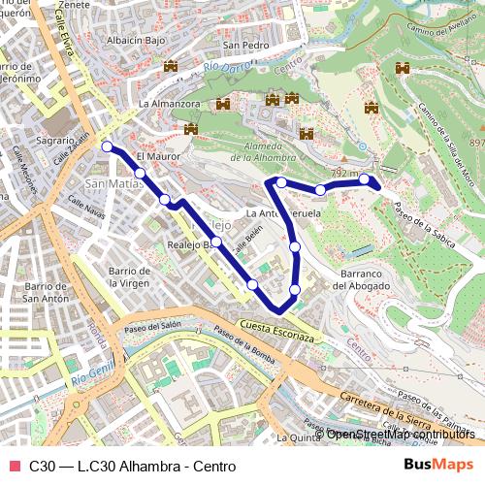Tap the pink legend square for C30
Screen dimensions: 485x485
(15, 466)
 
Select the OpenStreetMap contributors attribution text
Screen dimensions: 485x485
(402, 434)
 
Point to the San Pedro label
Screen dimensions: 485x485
(245, 46)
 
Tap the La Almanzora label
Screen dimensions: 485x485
(170, 103)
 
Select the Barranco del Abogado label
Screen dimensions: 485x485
(366, 279)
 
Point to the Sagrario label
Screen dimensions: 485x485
(28, 140)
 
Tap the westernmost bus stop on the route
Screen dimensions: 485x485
(107, 147)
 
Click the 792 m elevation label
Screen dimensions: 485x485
(344, 173)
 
